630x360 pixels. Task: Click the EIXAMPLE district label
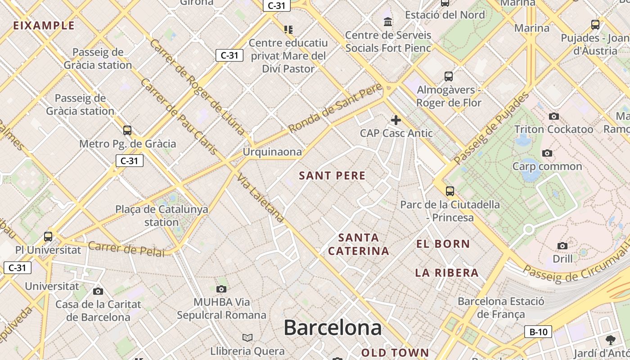click(x=44, y=25)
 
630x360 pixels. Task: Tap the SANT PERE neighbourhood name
click(x=332, y=176)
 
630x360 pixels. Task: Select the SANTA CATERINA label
click(x=359, y=244)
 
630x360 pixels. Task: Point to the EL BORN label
click(x=443, y=244)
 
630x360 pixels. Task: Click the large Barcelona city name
click(x=333, y=328)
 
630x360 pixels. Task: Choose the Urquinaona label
click(x=272, y=152)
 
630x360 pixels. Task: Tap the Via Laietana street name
click(x=261, y=198)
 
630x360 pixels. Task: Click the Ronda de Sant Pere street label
click(x=335, y=108)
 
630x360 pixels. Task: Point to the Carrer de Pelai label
click(x=126, y=249)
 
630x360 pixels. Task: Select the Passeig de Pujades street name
click(x=492, y=128)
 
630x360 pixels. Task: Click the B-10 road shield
click(x=538, y=332)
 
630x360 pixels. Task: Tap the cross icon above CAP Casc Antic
click(x=396, y=120)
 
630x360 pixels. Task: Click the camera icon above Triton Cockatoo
click(x=554, y=117)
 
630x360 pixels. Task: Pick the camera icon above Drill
click(x=562, y=246)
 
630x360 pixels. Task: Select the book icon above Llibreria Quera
click(x=247, y=337)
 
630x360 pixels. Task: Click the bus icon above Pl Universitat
click(x=48, y=236)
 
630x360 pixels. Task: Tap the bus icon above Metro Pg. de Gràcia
click(x=127, y=130)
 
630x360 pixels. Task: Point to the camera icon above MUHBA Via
click(x=221, y=289)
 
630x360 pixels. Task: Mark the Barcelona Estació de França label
click(x=501, y=308)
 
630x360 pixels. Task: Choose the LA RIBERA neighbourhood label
click(x=446, y=273)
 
